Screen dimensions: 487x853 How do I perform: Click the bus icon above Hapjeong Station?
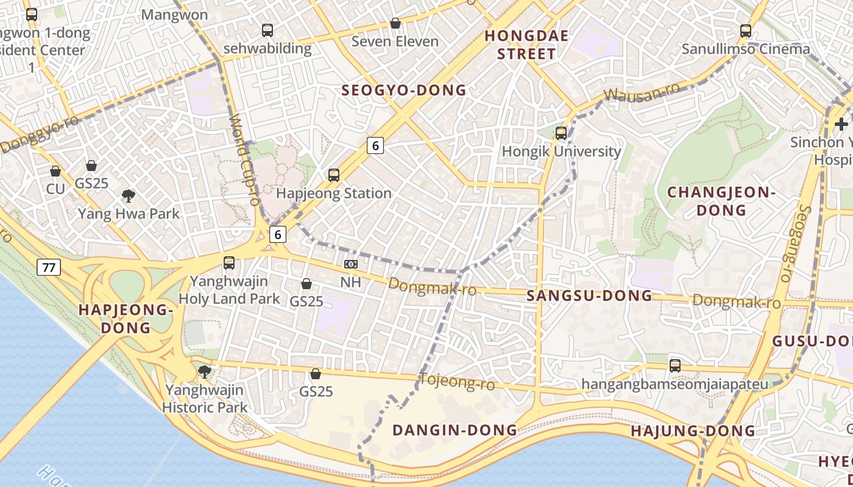point(333,175)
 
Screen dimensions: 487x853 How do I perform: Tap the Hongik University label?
point(561,151)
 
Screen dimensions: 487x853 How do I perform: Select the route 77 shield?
point(48,267)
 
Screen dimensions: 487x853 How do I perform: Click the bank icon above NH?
point(350,264)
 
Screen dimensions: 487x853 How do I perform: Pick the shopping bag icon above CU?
point(55,172)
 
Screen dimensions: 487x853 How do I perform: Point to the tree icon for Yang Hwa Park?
point(128,195)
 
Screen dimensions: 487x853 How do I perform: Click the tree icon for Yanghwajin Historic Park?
point(205,371)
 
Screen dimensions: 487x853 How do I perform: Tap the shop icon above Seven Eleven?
point(395,23)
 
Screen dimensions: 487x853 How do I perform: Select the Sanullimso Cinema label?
point(746,49)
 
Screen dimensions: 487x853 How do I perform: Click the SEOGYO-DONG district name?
point(404,91)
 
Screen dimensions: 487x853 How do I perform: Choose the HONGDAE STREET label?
point(526,45)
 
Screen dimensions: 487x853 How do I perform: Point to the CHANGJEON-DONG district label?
point(721,201)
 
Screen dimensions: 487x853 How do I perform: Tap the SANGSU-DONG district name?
point(589,296)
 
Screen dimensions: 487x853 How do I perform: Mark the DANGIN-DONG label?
point(455,430)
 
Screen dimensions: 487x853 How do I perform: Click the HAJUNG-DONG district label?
point(693,432)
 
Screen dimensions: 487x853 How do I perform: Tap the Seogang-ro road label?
point(794,243)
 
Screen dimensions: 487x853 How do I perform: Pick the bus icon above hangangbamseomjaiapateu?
point(674,365)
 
